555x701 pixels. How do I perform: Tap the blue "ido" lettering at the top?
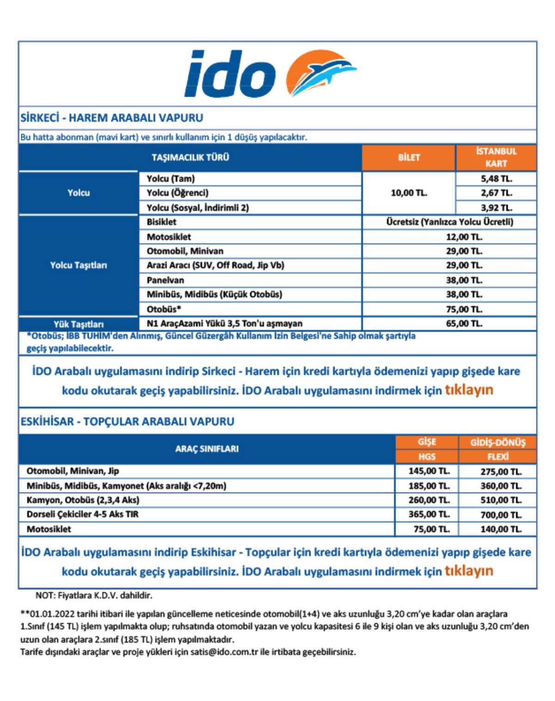click(x=230, y=74)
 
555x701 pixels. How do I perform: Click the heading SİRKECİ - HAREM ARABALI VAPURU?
click(x=112, y=118)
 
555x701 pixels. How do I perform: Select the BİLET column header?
click(x=409, y=158)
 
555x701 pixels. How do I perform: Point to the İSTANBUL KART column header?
click(x=496, y=158)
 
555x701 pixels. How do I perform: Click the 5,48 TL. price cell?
click(x=496, y=179)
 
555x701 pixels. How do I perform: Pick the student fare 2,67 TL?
click(x=496, y=193)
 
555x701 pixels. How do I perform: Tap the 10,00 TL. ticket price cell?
click(x=409, y=193)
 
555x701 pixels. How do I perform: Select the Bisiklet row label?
click(x=161, y=222)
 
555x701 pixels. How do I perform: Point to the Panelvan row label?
click(x=165, y=280)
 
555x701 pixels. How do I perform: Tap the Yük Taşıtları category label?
click(x=79, y=324)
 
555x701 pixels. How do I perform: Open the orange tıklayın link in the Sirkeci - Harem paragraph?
click(x=469, y=390)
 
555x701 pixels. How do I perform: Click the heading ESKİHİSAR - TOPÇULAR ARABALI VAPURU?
click(x=128, y=421)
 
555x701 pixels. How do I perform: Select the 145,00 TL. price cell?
click(x=429, y=471)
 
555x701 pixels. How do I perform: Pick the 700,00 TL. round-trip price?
click(x=501, y=515)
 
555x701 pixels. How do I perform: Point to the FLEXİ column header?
click(x=498, y=457)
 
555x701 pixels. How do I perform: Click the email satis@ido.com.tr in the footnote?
click(x=227, y=652)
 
